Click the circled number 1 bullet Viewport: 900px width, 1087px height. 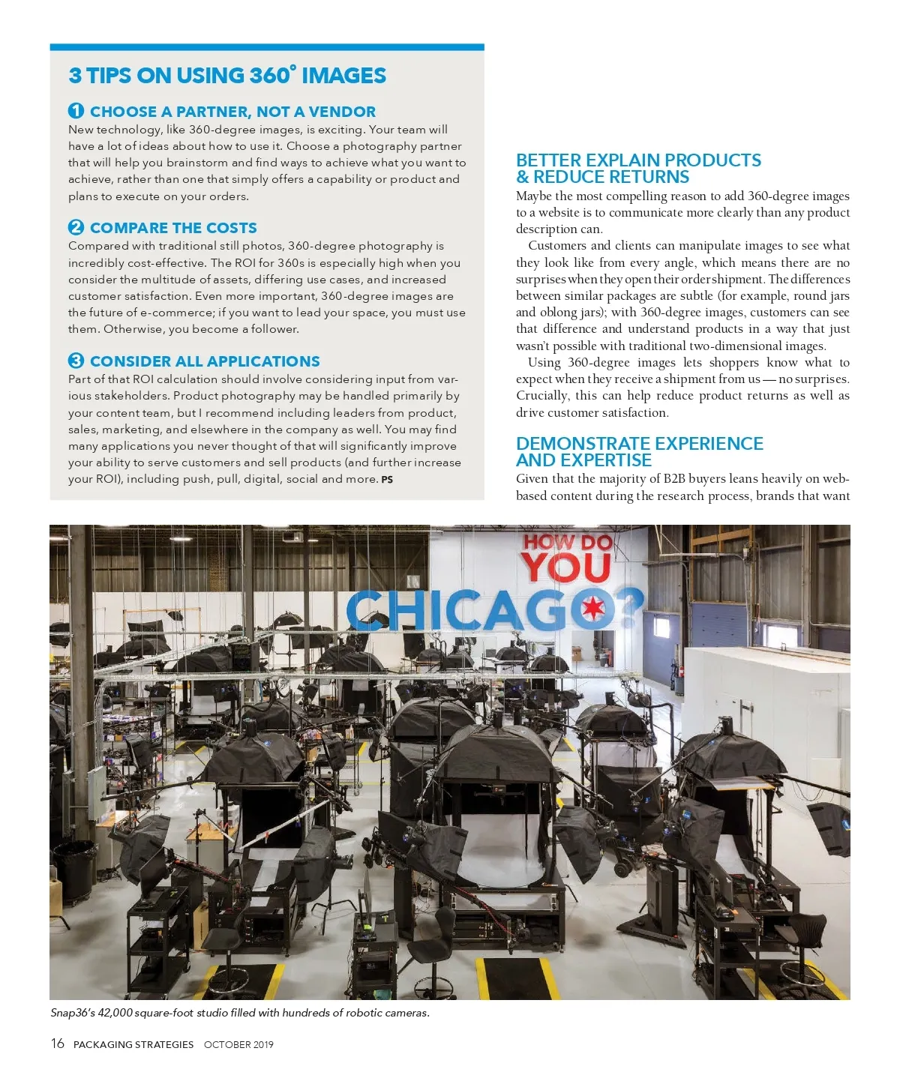tap(76, 111)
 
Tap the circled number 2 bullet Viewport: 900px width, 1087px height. tap(76, 227)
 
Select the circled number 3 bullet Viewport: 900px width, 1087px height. tap(76, 361)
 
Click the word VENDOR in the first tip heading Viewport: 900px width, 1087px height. tap(342, 112)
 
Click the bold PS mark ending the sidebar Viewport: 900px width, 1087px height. tap(387, 480)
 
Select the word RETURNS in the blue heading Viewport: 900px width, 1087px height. tap(649, 177)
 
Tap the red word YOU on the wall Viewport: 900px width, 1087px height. tap(566, 567)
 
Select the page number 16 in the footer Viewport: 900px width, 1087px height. tap(58, 1044)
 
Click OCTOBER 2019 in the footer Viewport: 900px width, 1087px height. tap(238, 1044)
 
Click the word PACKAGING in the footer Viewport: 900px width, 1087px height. tap(103, 1044)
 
